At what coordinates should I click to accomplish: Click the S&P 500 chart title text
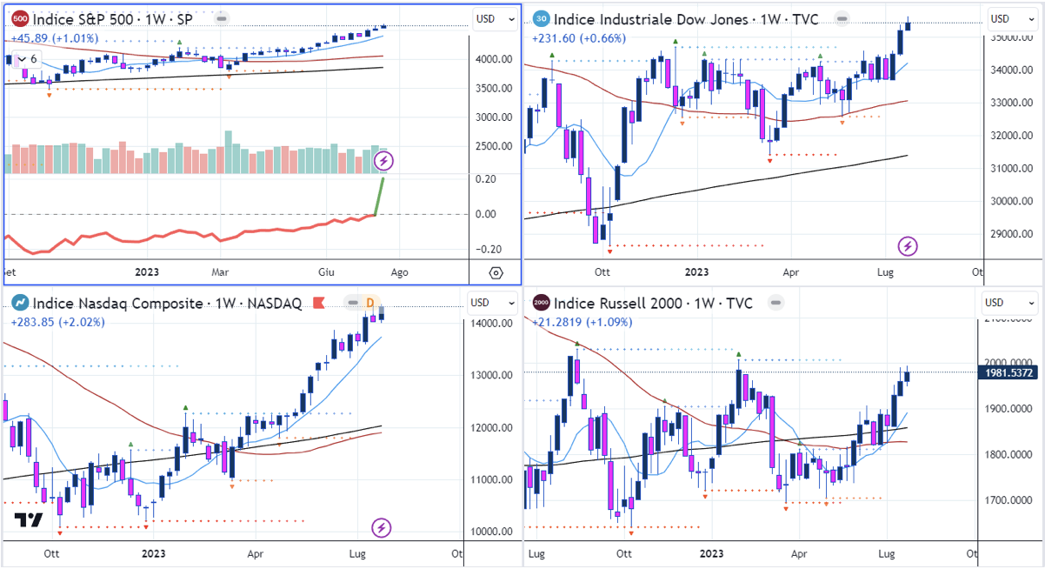113,18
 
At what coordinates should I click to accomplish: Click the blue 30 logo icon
541,19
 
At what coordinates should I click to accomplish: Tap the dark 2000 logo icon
541,303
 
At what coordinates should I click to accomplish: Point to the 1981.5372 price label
1011,372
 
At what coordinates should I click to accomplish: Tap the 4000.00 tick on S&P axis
492,59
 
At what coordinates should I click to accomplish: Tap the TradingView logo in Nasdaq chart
29,521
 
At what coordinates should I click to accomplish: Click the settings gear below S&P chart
496,272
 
